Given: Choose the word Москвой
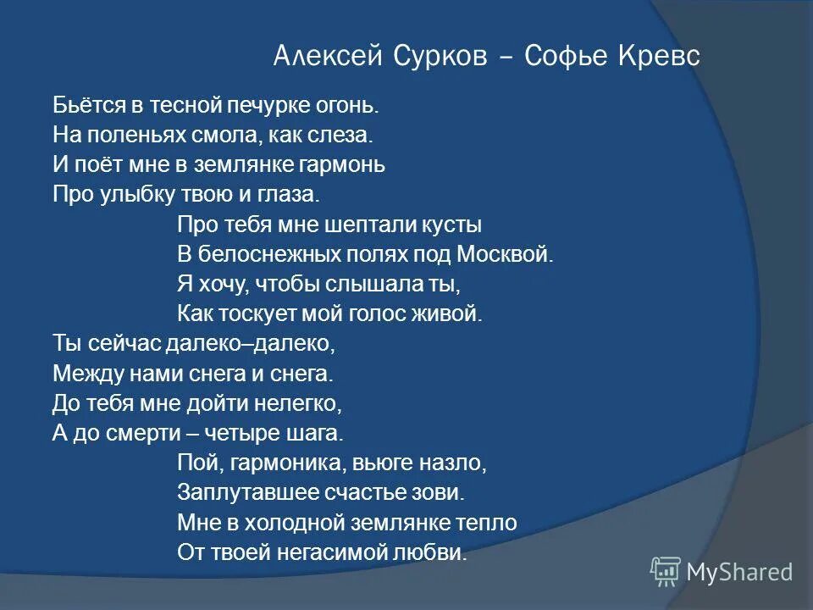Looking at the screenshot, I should [x=505, y=254].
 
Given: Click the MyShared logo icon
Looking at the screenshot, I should [x=666, y=572].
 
